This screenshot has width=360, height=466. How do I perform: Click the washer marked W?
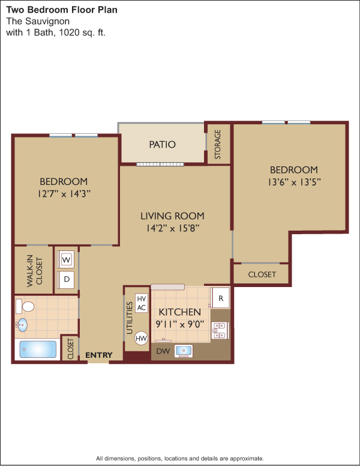[x=65, y=260]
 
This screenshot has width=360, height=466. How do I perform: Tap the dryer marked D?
[x=65, y=279]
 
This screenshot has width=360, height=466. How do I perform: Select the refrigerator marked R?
[x=220, y=298]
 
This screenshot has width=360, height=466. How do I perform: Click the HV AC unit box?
[x=142, y=303]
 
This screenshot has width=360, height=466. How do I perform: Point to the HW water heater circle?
[x=141, y=338]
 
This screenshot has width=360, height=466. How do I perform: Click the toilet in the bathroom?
[x=25, y=306]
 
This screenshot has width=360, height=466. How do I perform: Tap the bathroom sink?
[x=22, y=325]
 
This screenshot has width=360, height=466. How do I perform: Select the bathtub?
[x=38, y=349]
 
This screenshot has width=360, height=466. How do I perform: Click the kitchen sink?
[x=183, y=351]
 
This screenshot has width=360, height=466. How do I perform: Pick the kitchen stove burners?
[x=220, y=330]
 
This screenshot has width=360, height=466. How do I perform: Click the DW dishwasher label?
[x=163, y=351]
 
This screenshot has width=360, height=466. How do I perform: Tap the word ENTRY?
[x=98, y=355]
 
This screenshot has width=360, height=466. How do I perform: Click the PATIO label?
[x=162, y=145]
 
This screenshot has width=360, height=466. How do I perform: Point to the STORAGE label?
[x=218, y=144]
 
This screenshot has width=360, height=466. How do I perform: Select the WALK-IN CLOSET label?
[x=35, y=271]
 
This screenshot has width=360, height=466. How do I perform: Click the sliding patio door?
[x=160, y=165]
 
